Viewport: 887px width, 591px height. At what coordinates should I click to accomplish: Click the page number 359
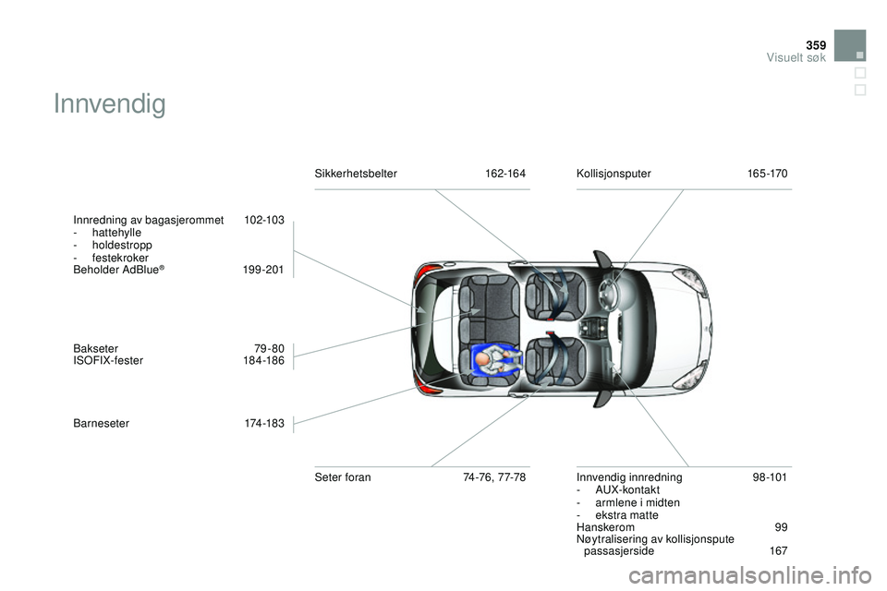point(816,45)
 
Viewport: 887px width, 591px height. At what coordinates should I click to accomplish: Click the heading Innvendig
point(110,104)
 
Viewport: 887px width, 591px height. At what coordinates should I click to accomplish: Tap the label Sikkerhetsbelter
point(356,174)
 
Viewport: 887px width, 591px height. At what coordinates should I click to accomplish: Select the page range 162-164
point(505,174)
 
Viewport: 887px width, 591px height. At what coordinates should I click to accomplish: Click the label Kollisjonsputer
point(614,174)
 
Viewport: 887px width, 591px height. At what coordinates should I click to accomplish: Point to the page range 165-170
point(767,174)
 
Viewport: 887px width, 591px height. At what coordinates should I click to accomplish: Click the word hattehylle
point(116,233)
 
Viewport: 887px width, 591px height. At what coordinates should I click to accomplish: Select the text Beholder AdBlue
point(116,270)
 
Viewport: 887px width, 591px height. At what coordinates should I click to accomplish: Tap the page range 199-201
point(263,270)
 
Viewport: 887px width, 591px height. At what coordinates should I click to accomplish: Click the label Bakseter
point(95,348)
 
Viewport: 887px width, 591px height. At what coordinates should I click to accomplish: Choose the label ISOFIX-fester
point(108,360)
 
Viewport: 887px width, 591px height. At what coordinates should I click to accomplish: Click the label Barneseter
point(102,423)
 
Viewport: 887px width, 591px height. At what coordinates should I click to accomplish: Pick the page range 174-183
point(264,423)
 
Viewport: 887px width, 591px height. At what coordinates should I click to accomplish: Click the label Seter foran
point(343,477)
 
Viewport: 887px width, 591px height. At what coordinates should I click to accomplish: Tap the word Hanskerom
point(605,527)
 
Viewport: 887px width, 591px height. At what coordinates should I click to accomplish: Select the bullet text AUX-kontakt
point(627,489)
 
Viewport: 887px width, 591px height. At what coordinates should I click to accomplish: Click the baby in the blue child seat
point(496,359)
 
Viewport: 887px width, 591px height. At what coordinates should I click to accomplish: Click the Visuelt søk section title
point(796,57)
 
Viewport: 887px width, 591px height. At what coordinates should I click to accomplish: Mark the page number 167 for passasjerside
point(778,551)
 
